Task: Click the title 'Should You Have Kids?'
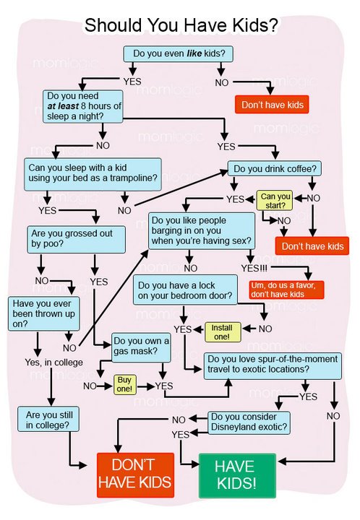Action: coord(181,25)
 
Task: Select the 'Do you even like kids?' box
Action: coord(179,53)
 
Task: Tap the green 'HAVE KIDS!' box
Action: coord(237,475)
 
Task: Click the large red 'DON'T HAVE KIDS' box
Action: coord(135,475)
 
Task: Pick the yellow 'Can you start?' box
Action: coord(275,201)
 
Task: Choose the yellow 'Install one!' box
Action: coord(223,332)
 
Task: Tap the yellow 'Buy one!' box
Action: coord(125,385)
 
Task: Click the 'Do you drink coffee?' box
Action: coord(275,169)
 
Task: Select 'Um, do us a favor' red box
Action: coord(286,290)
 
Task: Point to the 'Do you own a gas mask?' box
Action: coord(141,347)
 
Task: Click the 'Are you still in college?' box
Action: coord(48,419)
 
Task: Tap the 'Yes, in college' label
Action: coord(53,363)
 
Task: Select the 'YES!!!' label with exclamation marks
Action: coord(254,268)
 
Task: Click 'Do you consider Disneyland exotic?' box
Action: coord(249,422)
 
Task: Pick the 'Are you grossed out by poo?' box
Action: coord(77,239)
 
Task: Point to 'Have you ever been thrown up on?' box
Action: coord(44,313)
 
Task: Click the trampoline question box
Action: coord(93,174)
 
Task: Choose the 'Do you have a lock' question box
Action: coord(185,290)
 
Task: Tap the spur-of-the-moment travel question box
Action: coord(273,365)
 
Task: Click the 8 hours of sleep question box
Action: coord(83,106)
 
